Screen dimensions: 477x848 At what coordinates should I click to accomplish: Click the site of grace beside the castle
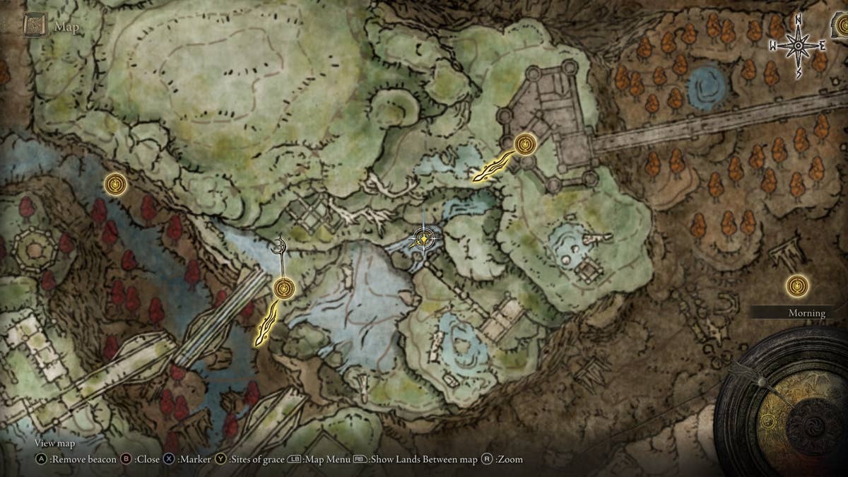click(524, 144)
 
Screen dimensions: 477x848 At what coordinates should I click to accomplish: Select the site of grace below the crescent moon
click(283, 288)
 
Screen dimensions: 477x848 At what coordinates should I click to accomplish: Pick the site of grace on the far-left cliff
click(115, 184)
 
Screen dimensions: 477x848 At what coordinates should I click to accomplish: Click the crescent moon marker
click(281, 245)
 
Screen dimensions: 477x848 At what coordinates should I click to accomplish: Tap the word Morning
click(807, 313)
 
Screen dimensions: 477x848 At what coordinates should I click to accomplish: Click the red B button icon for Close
click(126, 459)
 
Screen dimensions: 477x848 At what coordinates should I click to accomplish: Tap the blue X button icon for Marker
click(170, 459)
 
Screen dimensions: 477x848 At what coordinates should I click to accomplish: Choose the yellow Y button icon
click(220, 459)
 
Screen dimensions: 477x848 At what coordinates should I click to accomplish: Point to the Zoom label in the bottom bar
click(510, 459)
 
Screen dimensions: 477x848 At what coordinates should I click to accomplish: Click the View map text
click(54, 444)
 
